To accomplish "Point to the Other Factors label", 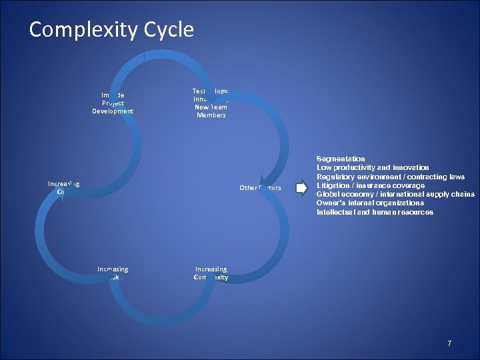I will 260,188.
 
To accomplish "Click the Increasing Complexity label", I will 211,273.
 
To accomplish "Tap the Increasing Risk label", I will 113,273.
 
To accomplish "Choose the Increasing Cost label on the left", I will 63,187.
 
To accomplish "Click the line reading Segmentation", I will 340,159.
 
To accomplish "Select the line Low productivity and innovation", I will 373,168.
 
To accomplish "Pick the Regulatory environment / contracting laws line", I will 391,177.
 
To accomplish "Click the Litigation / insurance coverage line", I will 370,185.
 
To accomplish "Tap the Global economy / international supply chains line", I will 395,194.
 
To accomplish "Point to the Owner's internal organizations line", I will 370,203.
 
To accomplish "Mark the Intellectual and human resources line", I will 375,212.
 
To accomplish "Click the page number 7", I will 449,343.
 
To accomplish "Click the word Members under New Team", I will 211,115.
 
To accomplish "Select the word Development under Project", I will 113,111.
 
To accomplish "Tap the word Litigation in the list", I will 332,185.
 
